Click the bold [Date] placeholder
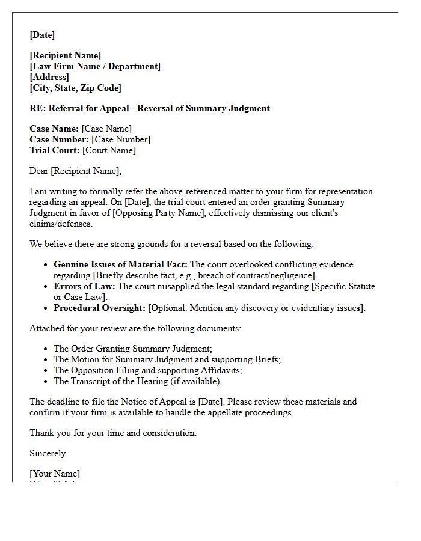click(x=42, y=35)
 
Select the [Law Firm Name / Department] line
click(x=95, y=66)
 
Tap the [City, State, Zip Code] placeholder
click(x=75, y=88)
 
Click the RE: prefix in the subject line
click(x=37, y=108)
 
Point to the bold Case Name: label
click(x=54, y=129)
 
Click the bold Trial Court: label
click(x=55, y=150)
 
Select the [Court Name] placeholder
click(x=109, y=150)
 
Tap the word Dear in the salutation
click(x=39, y=171)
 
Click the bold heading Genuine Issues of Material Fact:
click(x=120, y=264)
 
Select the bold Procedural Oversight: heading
click(x=99, y=308)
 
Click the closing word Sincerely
click(x=48, y=453)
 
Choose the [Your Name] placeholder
click(x=55, y=474)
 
